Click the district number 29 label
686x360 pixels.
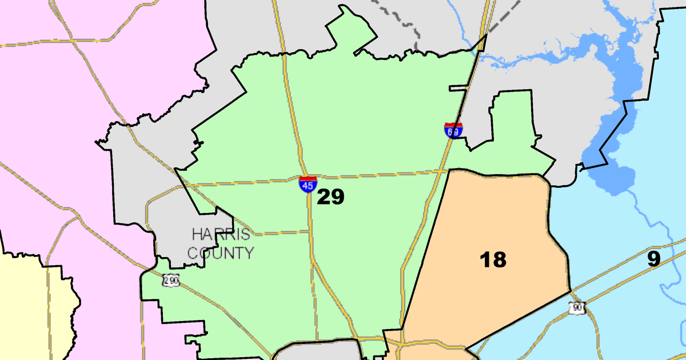(331, 197)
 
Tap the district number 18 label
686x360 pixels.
(493, 259)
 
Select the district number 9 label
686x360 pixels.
(654, 259)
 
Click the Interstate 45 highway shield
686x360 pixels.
(308, 184)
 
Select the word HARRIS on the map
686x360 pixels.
(221, 235)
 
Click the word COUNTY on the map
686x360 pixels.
(221, 252)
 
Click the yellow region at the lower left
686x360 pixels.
(29, 309)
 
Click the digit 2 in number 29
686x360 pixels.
(324, 197)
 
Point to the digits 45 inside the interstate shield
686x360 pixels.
(308, 186)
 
